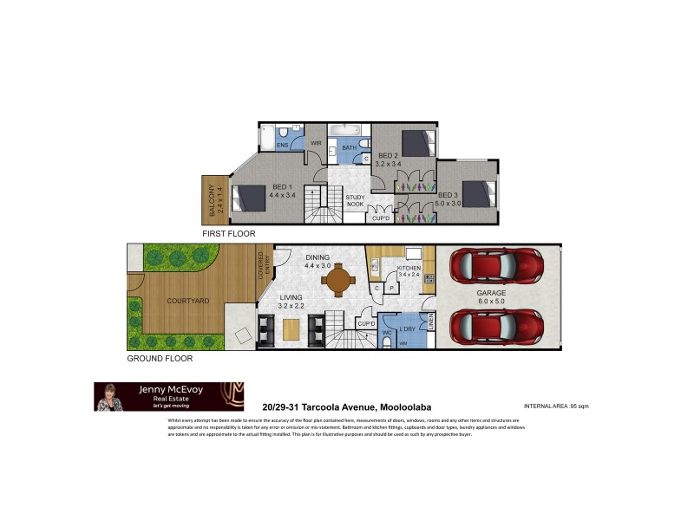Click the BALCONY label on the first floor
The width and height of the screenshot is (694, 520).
[x=214, y=200]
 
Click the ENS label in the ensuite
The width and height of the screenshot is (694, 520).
[x=282, y=146]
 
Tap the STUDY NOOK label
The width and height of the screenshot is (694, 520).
[x=356, y=201]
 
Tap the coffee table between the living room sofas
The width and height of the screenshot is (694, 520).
[x=292, y=329]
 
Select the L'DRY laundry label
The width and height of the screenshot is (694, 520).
[x=407, y=329]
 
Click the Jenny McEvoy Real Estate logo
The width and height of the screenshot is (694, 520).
[x=168, y=396]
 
